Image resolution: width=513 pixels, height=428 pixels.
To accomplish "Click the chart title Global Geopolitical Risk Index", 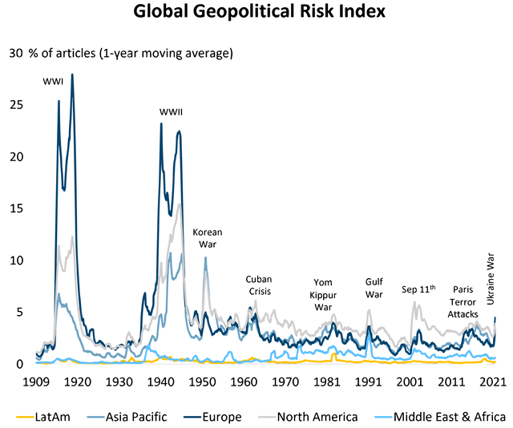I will pos(256,13).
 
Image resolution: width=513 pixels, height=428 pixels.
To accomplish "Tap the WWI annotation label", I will pos(54,81).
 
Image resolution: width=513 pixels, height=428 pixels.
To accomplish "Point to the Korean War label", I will pos(206,238).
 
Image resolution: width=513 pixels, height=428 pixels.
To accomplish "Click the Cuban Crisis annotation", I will pos(259,285).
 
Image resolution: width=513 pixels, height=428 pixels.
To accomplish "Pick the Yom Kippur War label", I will pos(322,295).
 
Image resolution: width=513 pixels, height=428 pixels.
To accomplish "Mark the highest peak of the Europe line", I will pos(72,75).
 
